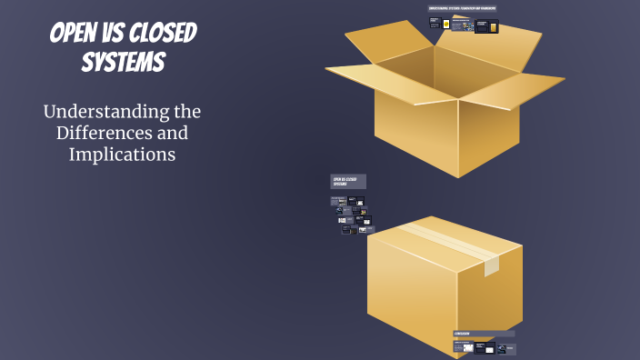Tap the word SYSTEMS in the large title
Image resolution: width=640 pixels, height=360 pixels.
[123, 63]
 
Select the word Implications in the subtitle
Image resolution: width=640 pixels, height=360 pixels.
[122, 155]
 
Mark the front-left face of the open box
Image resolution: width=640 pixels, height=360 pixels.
[415, 132]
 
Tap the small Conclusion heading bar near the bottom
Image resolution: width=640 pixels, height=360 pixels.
[484, 334]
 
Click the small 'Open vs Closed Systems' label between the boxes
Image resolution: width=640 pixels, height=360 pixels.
[347, 182]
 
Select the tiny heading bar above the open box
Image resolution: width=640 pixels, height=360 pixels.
[462, 9]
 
